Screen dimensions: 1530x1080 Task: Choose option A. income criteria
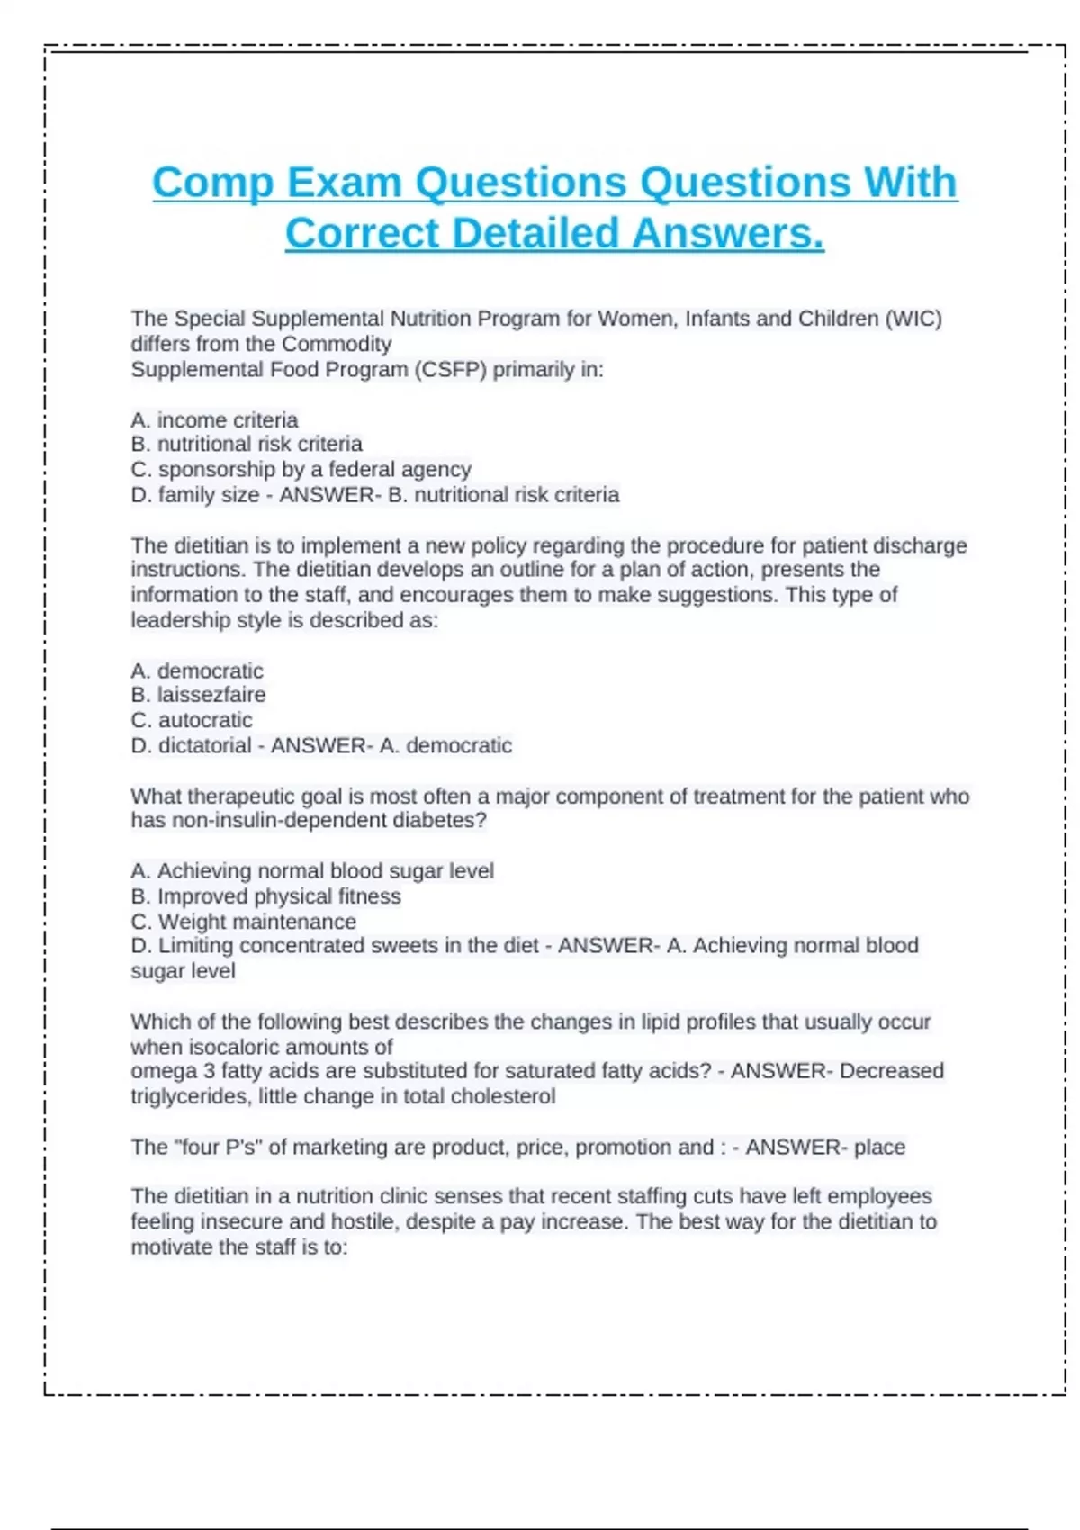[x=214, y=419]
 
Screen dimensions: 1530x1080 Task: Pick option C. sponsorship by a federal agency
[x=301, y=469]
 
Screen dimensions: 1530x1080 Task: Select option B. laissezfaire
[x=198, y=695]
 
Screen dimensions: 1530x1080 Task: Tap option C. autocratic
[x=192, y=720]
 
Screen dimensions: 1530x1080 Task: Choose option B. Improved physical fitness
[x=265, y=895]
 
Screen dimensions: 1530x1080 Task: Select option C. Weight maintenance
[x=243, y=922]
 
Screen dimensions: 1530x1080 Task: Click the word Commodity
[x=337, y=344]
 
